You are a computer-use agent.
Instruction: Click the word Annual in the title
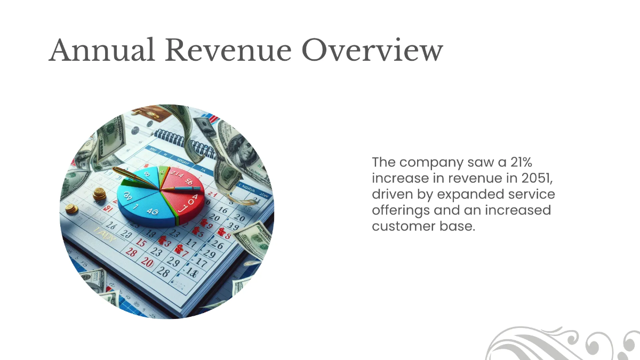click(101, 51)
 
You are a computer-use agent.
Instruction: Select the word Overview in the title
click(372, 51)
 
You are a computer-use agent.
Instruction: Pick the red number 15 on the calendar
click(141, 243)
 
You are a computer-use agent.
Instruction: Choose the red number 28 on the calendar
click(131, 253)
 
